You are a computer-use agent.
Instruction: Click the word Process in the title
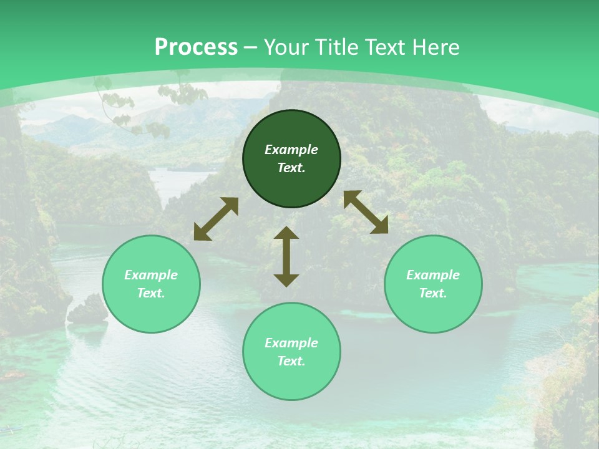tap(196, 47)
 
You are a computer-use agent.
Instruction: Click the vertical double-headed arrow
tap(286, 256)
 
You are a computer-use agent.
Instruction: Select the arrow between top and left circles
tap(216, 219)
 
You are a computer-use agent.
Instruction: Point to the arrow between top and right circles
tap(366, 212)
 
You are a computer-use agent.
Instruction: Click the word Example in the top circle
tap(291, 150)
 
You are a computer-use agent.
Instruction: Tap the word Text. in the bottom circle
tap(291, 361)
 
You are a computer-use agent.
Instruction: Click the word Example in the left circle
tap(151, 275)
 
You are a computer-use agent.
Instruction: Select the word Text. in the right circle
tap(433, 293)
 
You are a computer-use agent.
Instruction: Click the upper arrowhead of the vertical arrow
tap(286, 233)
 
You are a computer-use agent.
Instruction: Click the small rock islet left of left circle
tap(87, 310)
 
